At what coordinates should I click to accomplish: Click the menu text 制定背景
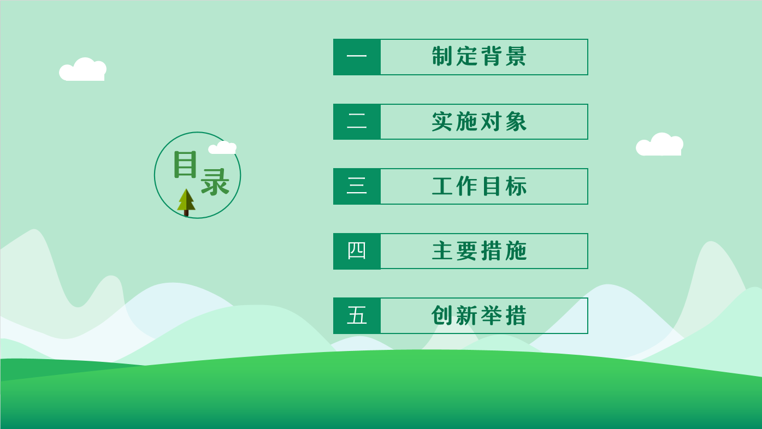[479, 56]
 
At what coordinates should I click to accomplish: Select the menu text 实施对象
[479, 121]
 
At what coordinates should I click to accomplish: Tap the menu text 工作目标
[479, 186]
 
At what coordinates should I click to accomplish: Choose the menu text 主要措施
[479, 251]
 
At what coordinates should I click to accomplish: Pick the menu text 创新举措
[479, 315]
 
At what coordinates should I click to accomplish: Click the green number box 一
[357, 57]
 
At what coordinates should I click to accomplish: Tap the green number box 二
[357, 122]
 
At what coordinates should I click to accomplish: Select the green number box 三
[357, 186]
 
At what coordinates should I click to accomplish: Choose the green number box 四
[357, 251]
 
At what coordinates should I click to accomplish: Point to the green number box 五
[357, 316]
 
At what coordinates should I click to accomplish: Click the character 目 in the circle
[185, 164]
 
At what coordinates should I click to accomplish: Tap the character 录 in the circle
[215, 182]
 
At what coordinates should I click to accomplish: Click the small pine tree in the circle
[186, 202]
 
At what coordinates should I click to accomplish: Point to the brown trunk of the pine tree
[186, 213]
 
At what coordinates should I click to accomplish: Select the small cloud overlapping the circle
[222, 148]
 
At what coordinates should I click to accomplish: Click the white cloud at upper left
[82, 69]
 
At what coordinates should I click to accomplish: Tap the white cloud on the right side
[660, 145]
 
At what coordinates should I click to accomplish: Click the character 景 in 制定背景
[516, 56]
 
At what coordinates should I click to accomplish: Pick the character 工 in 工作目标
[442, 186]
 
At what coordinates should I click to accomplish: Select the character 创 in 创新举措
[442, 315]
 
